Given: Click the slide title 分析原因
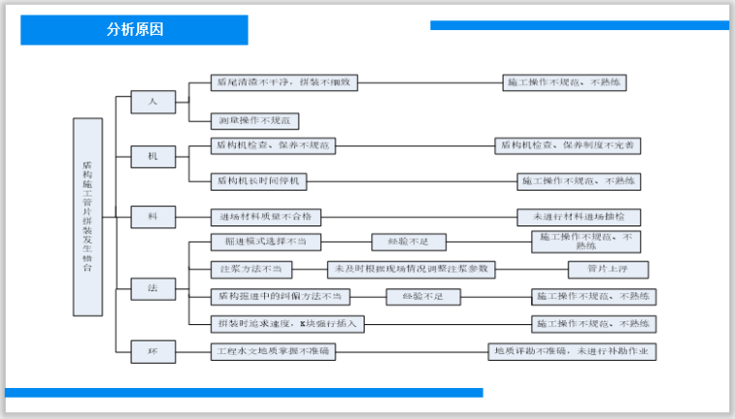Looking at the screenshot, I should pos(135,29).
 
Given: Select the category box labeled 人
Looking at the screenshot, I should pos(151,100).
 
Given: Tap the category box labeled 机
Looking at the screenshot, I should pos(151,155).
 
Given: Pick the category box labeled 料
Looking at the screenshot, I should pos(151,217).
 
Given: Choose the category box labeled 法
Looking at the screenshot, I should pos(151,288).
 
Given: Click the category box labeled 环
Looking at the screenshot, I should pos(151,350).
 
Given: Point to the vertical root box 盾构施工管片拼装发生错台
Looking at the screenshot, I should pos(88,217).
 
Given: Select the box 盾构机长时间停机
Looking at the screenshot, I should pos(259,180).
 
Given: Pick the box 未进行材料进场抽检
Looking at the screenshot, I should pos(578,217).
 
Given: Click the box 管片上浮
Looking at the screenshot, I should pos(607,269).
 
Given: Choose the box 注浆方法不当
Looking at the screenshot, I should pos(250,269).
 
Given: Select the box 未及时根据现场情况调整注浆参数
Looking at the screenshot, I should pos(412,269).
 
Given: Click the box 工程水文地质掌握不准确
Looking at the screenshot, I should pos(273,350).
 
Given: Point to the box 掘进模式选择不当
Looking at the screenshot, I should pos(266,242).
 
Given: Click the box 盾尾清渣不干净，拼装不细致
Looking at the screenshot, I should pos(284,83).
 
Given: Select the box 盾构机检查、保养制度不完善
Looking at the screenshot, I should pos(569,145).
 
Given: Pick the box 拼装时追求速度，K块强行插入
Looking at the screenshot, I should pos(287,323).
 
